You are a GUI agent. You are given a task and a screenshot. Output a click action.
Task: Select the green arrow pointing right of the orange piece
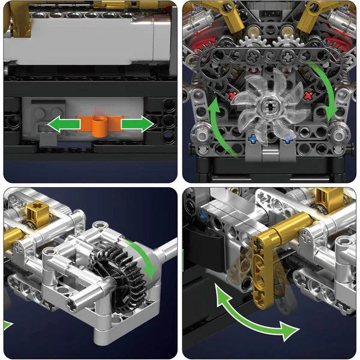tap(137, 125)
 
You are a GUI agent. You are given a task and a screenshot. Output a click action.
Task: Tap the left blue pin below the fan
tap(253, 139)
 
